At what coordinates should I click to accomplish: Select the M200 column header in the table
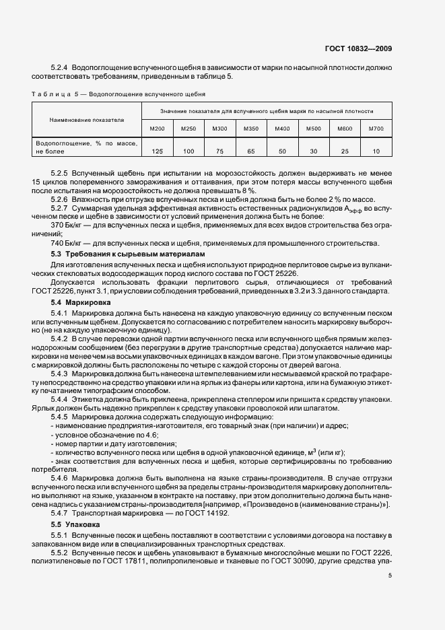pyautogui.click(x=157, y=128)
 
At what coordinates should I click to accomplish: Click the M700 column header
pyautogui.click(x=376, y=128)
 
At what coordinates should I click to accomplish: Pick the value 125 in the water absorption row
pyautogui.click(x=158, y=151)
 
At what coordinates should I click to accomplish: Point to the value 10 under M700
pyautogui.click(x=376, y=151)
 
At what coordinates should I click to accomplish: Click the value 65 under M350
pyautogui.click(x=250, y=151)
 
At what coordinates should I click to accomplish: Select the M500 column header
pyautogui.click(x=313, y=128)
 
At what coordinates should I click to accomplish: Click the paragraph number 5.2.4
pyautogui.click(x=61, y=68)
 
